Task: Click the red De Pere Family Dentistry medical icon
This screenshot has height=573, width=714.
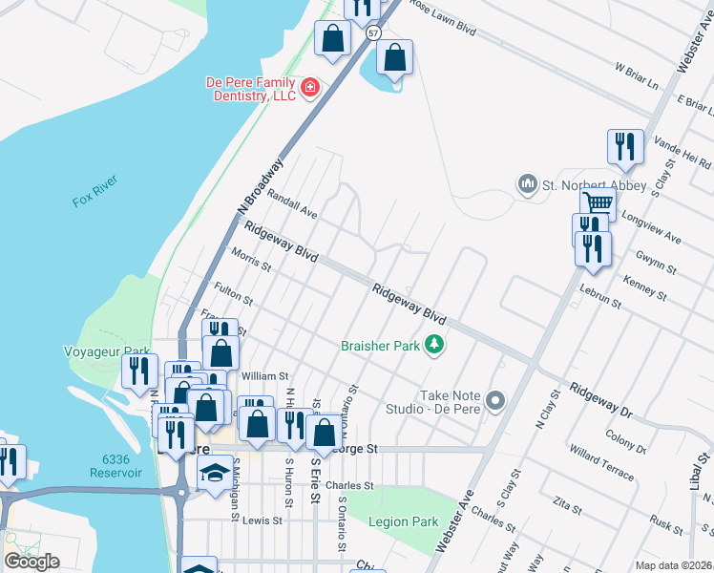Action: pos(309,89)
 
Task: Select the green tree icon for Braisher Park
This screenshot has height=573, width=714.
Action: pos(434,344)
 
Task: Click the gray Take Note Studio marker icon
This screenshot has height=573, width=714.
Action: pos(494,400)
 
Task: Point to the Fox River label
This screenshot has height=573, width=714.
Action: pos(93,202)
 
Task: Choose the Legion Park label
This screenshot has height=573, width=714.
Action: pos(407,522)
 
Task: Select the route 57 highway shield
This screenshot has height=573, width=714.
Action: pos(371,32)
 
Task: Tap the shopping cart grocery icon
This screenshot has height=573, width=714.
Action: pos(598,202)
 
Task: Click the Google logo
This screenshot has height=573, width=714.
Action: pos(31,562)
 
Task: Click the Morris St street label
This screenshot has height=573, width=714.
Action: pos(252,260)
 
